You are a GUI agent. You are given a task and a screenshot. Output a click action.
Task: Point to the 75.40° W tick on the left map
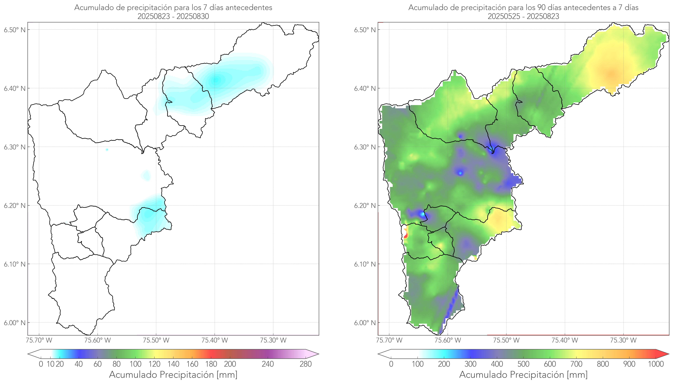pyautogui.click(x=215, y=340)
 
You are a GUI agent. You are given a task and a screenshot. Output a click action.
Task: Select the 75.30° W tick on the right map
pyautogui.click(x=623, y=340)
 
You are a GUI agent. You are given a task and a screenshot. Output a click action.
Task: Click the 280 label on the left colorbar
pyautogui.click(x=306, y=364)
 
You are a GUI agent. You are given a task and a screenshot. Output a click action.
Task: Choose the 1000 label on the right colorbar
pyautogui.click(x=656, y=364)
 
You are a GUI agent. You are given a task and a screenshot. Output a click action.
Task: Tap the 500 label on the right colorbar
pyautogui.click(x=523, y=364)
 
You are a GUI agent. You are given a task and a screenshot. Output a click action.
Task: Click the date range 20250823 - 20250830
pyautogui.click(x=173, y=16)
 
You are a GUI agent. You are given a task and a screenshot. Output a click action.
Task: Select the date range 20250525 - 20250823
pyautogui.click(x=523, y=16)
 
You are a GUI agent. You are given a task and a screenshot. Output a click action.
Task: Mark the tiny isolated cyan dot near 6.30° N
pyautogui.click(x=107, y=150)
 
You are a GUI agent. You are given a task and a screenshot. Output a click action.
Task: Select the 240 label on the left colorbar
pyautogui.click(x=268, y=364)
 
